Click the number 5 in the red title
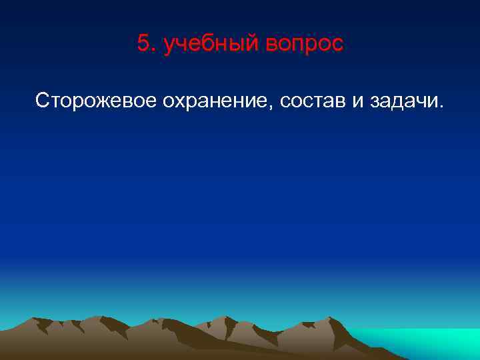click(143, 43)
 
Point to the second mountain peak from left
click(99, 317)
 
